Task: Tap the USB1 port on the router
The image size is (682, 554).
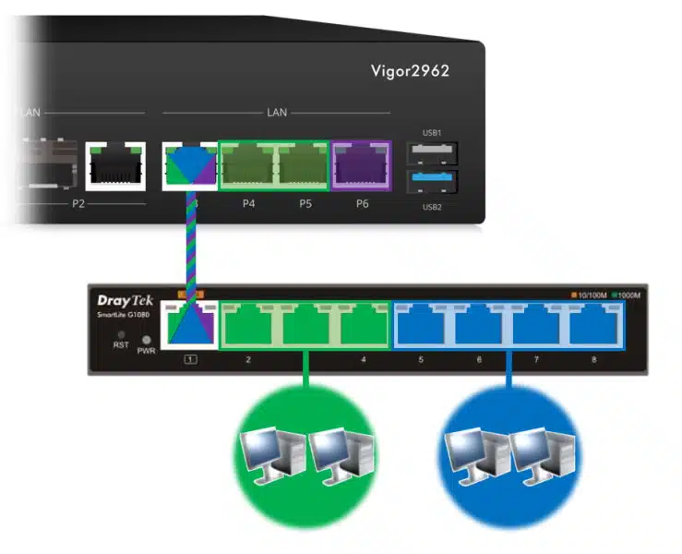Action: coord(432,152)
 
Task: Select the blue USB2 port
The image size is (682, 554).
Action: coord(432,182)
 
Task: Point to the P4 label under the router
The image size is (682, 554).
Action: coord(248,203)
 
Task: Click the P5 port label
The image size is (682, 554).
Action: coord(305,203)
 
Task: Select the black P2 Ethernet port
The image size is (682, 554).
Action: coord(112,166)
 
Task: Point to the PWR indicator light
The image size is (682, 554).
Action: coord(146,339)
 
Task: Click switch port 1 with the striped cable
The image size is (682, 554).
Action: coord(190,324)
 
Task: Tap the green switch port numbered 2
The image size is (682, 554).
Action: coord(248,325)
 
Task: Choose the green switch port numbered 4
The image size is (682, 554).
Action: coord(363,325)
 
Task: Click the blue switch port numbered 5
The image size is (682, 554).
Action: coord(420,325)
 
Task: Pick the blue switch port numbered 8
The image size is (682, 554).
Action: coord(592,325)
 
